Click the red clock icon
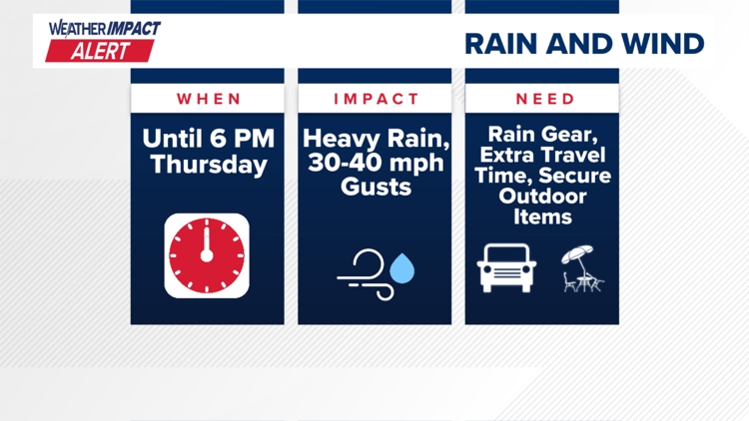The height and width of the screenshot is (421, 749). click(207, 255)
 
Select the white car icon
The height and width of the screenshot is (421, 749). click(508, 267)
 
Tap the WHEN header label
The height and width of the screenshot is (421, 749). click(210, 99)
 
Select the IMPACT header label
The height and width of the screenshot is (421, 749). click(376, 99)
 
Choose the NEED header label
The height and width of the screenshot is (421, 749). click(545, 99)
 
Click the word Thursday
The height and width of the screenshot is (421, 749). click(210, 165)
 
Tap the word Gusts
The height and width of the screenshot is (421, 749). click(376, 186)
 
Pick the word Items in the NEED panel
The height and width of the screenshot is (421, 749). click(545, 215)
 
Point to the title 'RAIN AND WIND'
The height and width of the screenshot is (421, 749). click(584, 44)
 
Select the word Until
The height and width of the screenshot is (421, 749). click(174, 138)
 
